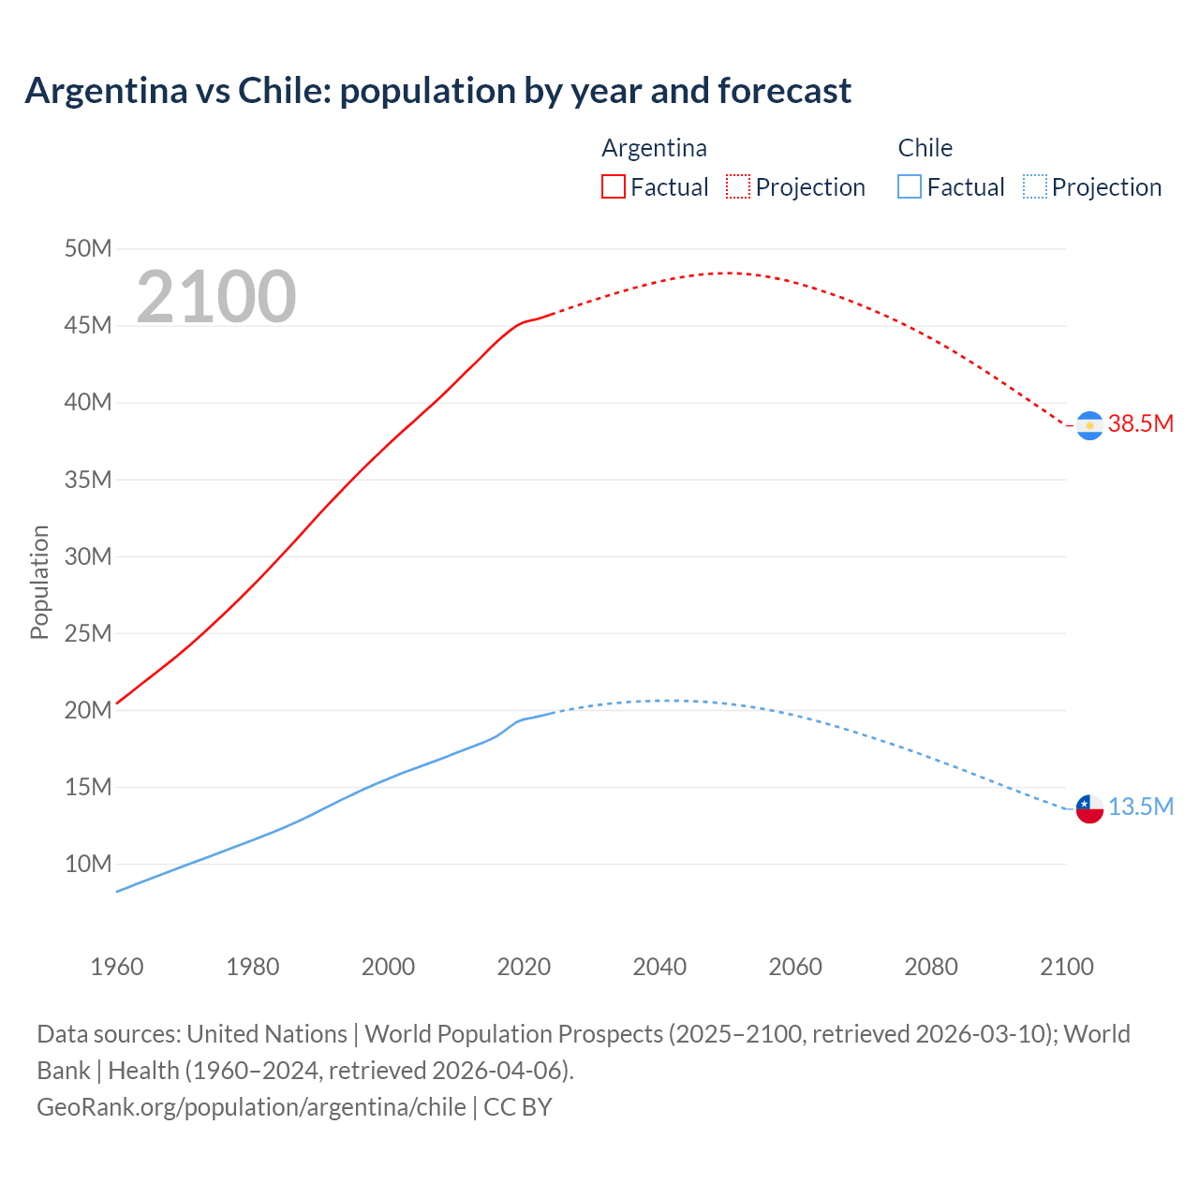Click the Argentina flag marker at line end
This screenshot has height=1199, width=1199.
(x=1089, y=425)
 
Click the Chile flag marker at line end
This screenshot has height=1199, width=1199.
(x=1089, y=808)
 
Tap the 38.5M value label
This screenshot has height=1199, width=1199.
(x=1140, y=423)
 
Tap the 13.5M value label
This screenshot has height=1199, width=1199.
(x=1140, y=807)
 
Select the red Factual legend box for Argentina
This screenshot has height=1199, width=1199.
(x=613, y=186)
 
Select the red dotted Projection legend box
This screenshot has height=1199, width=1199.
(x=738, y=186)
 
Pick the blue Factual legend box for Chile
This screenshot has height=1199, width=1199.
(x=909, y=186)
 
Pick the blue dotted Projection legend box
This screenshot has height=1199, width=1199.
(x=1034, y=186)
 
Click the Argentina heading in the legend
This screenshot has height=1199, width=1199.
(x=654, y=148)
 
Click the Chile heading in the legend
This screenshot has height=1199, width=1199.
(x=925, y=148)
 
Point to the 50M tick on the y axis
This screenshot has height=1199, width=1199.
(x=88, y=248)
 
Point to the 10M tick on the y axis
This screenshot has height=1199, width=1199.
(x=88, y=864)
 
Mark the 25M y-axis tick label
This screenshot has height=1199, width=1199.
(x=88, y=633)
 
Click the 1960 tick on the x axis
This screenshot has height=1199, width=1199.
(x=117, y=967)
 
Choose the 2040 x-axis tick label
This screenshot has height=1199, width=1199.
(x=659, y=967)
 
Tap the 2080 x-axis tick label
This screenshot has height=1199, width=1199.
(x=931, y=967)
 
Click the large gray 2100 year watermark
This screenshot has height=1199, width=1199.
(x=216, y=297)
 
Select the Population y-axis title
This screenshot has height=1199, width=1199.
(x=39, y=582)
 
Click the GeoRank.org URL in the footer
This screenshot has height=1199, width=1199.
(x=251, y=1106)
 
